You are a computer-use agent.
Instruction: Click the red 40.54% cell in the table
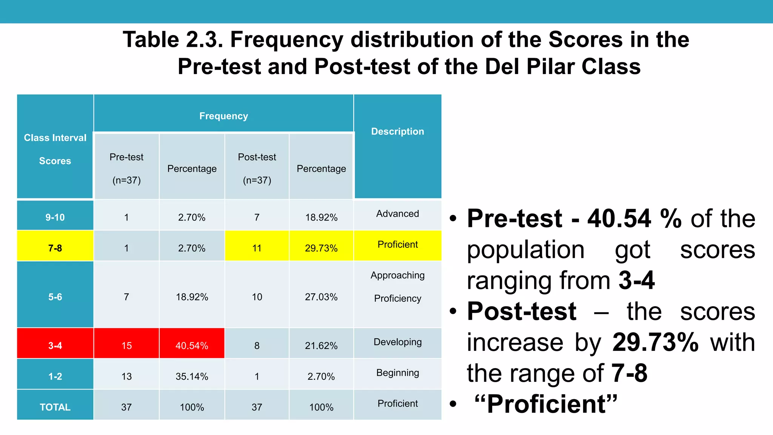click(192, 345)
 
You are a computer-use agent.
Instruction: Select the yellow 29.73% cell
click(321, 248)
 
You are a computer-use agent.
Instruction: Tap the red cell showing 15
click(126, 345)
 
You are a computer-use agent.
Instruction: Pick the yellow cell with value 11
click(257, 248)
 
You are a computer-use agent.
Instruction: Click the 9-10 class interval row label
click(55, 217)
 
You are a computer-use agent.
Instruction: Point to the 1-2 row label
click(55, 376)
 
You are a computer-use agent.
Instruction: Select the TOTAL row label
click(55, 407)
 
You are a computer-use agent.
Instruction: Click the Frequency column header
click(223, 116)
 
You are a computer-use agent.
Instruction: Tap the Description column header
click(397, 131)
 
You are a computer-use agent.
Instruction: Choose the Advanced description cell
click(397, 214)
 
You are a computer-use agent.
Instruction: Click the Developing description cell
click(397, 342)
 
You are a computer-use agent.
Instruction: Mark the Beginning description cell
click(397, 373)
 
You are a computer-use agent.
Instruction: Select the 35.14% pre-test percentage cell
click(192, 376)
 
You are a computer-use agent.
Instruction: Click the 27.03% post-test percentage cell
click(321, 297)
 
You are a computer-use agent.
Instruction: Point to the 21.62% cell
click(321, 345)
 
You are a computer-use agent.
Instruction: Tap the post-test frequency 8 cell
click(257, 345)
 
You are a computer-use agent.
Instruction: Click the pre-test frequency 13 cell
click(126, 376)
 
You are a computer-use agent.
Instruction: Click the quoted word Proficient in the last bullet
click(546, 404)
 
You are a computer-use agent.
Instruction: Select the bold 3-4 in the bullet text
click(636, 281)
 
